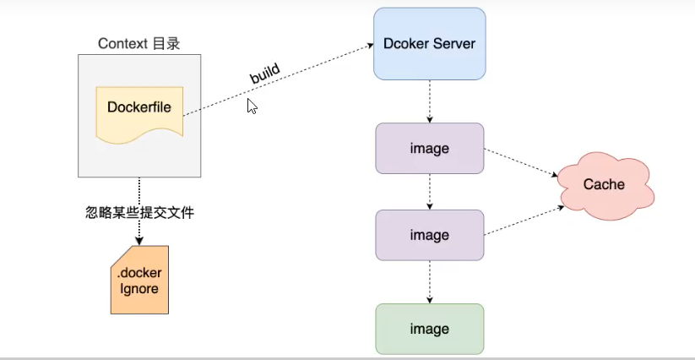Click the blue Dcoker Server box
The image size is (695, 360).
click(429, 44)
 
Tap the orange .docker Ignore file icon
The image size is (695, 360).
click(138, 280)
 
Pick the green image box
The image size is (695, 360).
click(429, 329)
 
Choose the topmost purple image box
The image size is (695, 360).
click(429, 149)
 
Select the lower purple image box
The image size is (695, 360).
click(429, 236)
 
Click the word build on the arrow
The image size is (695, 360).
click(264, 73)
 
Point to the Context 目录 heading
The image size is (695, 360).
click(139, 44)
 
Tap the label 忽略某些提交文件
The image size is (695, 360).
click(139, 213)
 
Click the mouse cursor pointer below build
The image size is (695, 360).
click(252, 106)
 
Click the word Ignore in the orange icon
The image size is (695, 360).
click(138, 289)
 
